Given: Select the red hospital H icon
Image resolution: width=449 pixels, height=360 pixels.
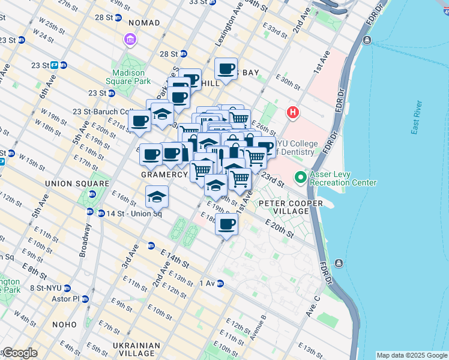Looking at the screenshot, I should tap(293, 112).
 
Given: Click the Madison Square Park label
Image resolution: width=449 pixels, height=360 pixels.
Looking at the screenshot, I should tap(127, 76).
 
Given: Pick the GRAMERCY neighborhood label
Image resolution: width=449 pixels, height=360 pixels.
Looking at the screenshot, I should tap(164, 174).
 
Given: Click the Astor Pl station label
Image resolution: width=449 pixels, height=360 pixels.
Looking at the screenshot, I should tap(67, 298).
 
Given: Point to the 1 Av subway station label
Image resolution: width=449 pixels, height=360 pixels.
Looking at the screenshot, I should tap(206, 283).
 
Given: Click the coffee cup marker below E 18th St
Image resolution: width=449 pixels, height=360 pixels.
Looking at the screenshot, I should tap(226, 224).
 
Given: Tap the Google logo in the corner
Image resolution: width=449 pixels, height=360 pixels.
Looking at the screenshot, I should tap(20, 353).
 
